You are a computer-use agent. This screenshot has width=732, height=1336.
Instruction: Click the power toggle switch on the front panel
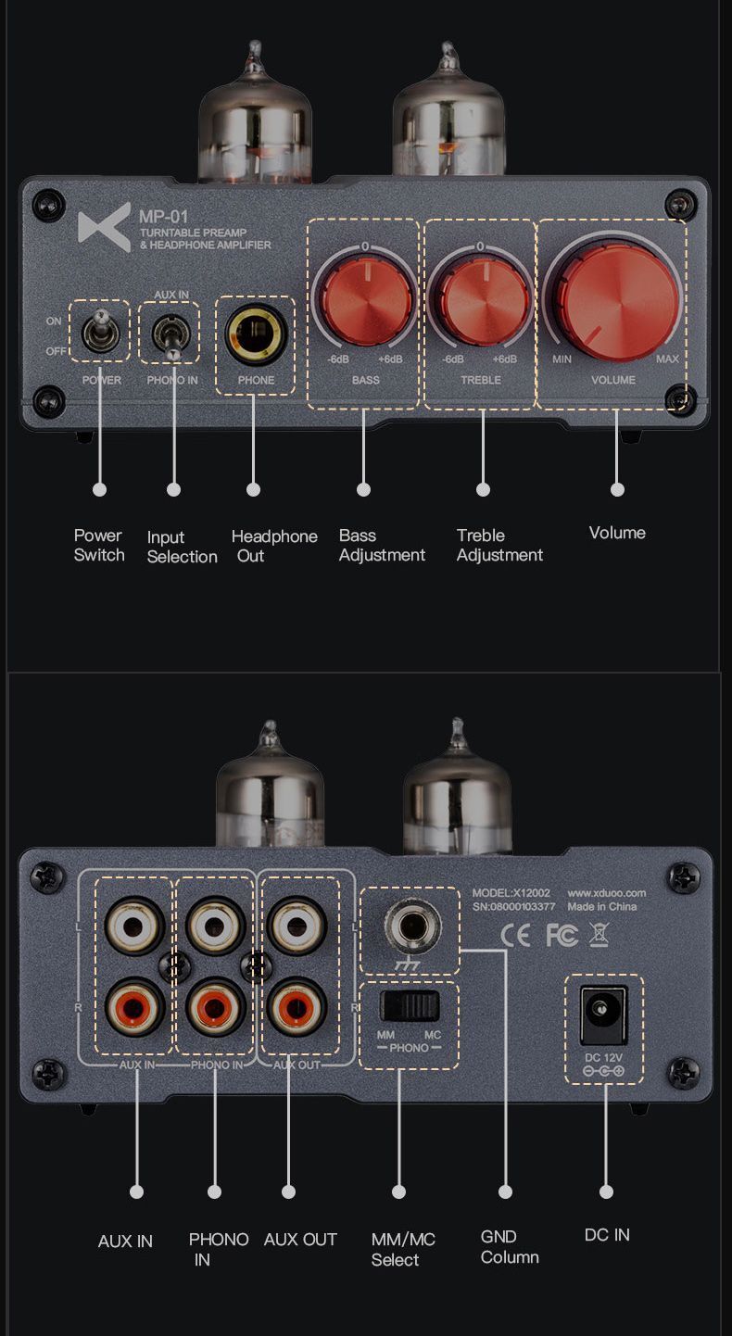[100, 331]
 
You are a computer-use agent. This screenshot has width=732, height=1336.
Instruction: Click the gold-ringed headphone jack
[256, 334]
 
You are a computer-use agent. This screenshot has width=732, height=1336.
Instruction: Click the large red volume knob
[614, 300]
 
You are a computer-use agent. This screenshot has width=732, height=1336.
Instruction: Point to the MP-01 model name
[163, 217]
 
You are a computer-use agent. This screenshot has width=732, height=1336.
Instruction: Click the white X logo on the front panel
[105, 227]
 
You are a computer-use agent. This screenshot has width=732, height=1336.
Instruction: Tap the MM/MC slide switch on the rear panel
[410, 1006]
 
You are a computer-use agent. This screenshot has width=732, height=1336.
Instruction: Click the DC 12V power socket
[604, 1015]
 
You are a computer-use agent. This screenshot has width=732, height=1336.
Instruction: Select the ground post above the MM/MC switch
[412, 928]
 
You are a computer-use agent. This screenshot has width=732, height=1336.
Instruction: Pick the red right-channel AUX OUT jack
[296, 1008]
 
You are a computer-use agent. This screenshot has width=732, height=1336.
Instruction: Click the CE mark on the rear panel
[515, 936]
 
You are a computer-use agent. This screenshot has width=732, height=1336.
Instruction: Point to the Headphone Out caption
[274, 546]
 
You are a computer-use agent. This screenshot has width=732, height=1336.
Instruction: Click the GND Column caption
[510, 1247]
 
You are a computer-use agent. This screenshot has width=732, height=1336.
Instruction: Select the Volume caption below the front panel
[617, 533]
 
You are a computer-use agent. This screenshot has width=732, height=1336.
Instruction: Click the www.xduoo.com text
[607, 893]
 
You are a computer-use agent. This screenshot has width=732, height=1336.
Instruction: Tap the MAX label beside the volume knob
[667, 359]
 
